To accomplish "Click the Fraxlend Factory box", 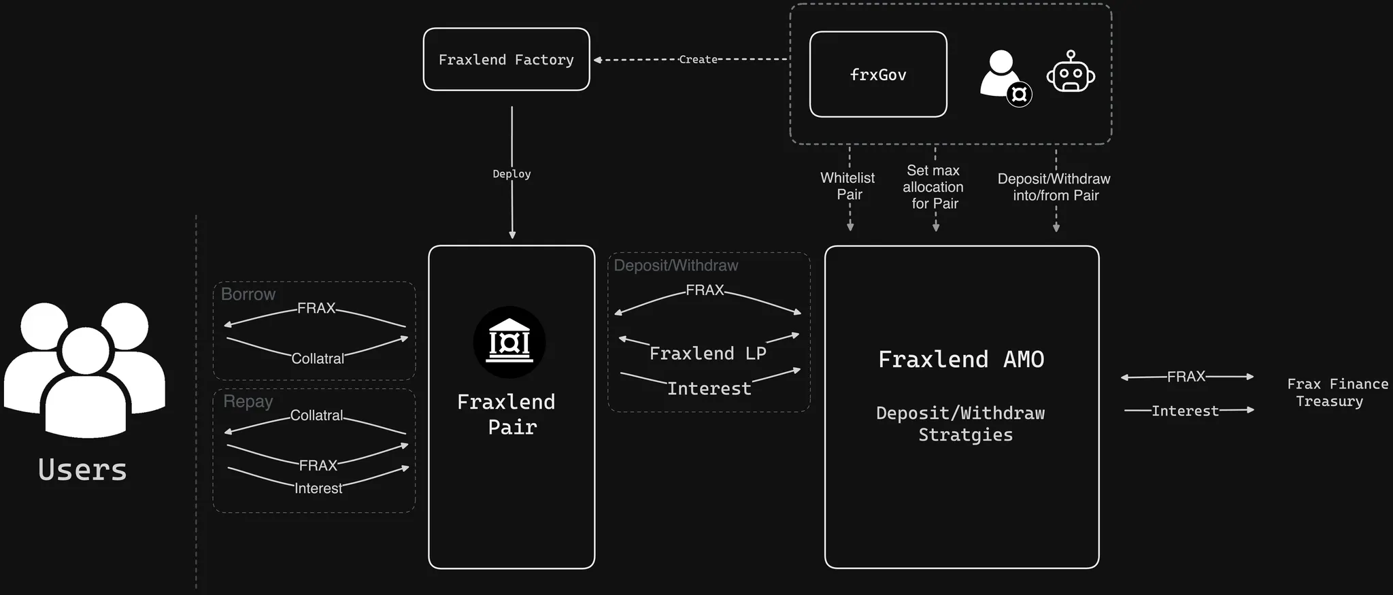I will (x=506, y=60).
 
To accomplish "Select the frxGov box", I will (x=878, y=75).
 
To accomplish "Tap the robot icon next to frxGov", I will (x=1071, y=73).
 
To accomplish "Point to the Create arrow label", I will (x=698, y=60).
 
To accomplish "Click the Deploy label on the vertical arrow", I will (x=511, y=174).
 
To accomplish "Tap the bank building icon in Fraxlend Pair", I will (x=509, y=342).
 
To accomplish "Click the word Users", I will (x=82, y=470).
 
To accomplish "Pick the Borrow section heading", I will (x=248, y=294).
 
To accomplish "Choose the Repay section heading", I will (x=248, y=401).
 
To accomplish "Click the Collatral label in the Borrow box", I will (x=318, y=358).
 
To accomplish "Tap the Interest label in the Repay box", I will (x=318, y=488).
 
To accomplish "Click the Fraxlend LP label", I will (x=707, y=354).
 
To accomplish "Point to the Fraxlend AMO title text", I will (x=960, y=359).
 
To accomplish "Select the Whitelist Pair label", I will (x=848, y=186).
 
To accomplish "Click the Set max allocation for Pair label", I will (x=933, y=187).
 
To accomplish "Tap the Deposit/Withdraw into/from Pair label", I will (x=1054, y=187).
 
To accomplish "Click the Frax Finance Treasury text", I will (x=1337, y=392).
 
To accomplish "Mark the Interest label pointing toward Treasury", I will (x=1185, y=411).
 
